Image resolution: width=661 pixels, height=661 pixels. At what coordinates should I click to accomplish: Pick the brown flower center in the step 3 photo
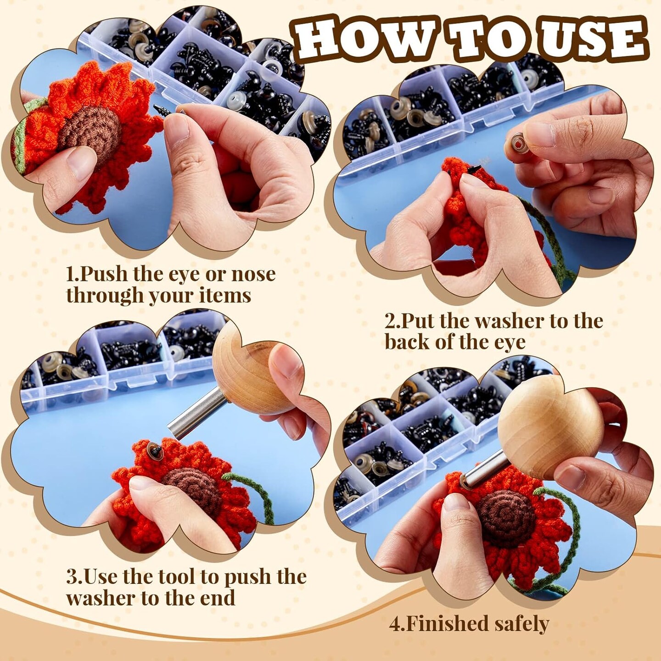coord(193,487)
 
